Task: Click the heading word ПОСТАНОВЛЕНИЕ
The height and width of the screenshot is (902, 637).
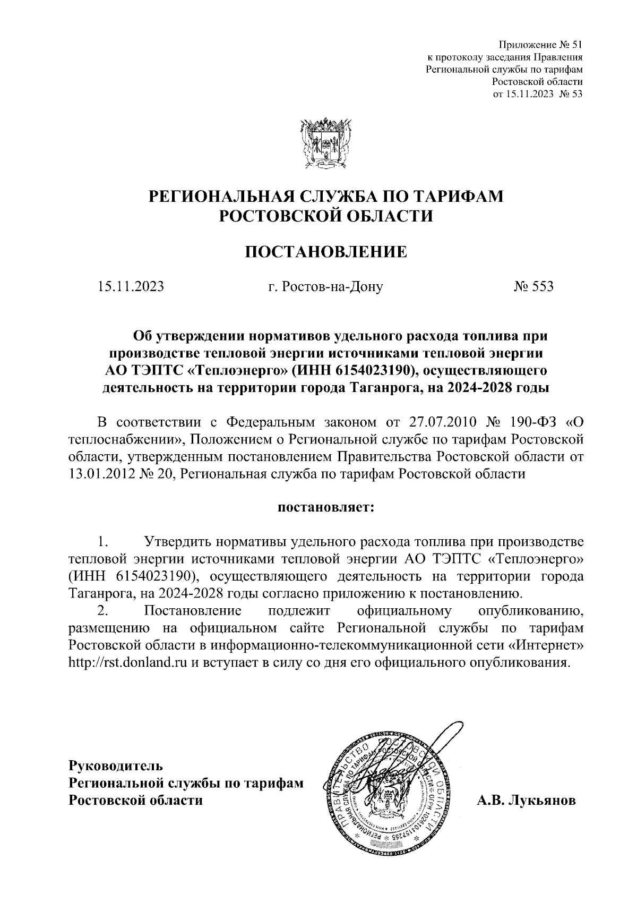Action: pyautogui.click(x=325, y=251)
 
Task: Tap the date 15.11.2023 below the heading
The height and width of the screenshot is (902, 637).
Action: pyautogui.click(x=131, y=287)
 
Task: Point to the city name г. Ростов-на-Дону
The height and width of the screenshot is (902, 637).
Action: pyautogui.click(x=325, y=287)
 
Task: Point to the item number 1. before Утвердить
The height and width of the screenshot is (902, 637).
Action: pyautogui.click(x=103, y=542)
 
